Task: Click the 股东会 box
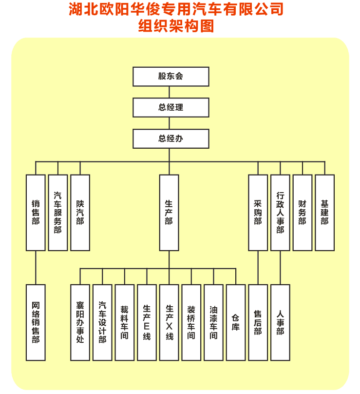click(x=171, y=77)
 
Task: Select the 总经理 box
click(x=171, y=107)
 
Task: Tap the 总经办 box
click(x=171, y=138)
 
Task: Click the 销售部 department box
click(x=36, y=213)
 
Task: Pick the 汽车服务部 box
click(x=58, y=213)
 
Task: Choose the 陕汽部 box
click(x=80, y=213)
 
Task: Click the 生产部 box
click(x=169, y=213)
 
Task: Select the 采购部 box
click(x=258, y=213)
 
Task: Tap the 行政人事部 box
click(x=280, y=213)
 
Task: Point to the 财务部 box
click(x=303, y=213)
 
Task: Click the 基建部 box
click(x=325, y=213)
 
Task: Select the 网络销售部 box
click(x=36, y=322)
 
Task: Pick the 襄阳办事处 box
click(x=80, y=322)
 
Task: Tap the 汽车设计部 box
click(x=102, y=322)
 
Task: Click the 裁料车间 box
click(x=125, y=322)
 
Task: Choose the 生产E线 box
click(x=147, y=322)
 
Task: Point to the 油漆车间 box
click(x=213, y=322)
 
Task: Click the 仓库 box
click(x=236, y=322)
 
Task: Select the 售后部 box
click(x=258, y=322)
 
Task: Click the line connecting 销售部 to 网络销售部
click(x=36, y=268)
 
